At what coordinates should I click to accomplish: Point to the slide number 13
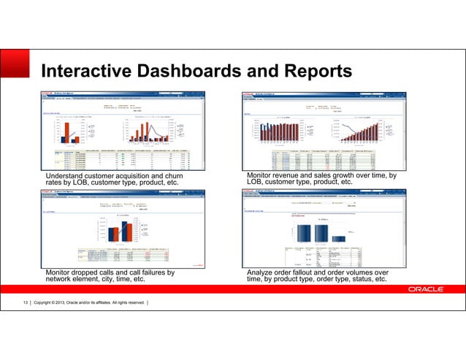pyautogui.click(x=24, y=302)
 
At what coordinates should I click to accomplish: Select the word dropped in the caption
pyautogui.click(x=86, y=272)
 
